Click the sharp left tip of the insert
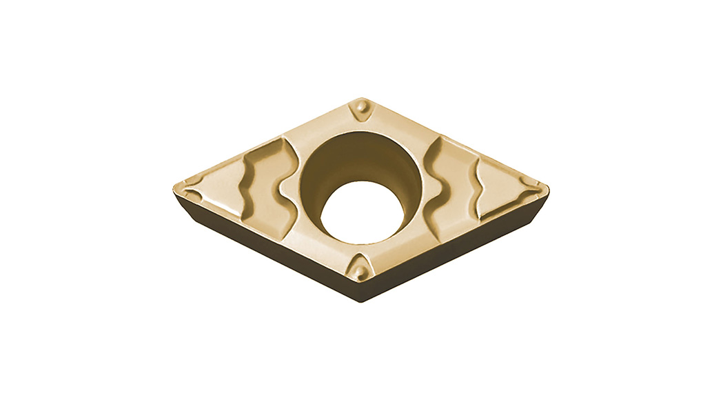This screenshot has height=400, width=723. pos(175,188)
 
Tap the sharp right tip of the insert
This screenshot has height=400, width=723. pos(548,186)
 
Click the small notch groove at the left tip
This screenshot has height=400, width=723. pos(190,183)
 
